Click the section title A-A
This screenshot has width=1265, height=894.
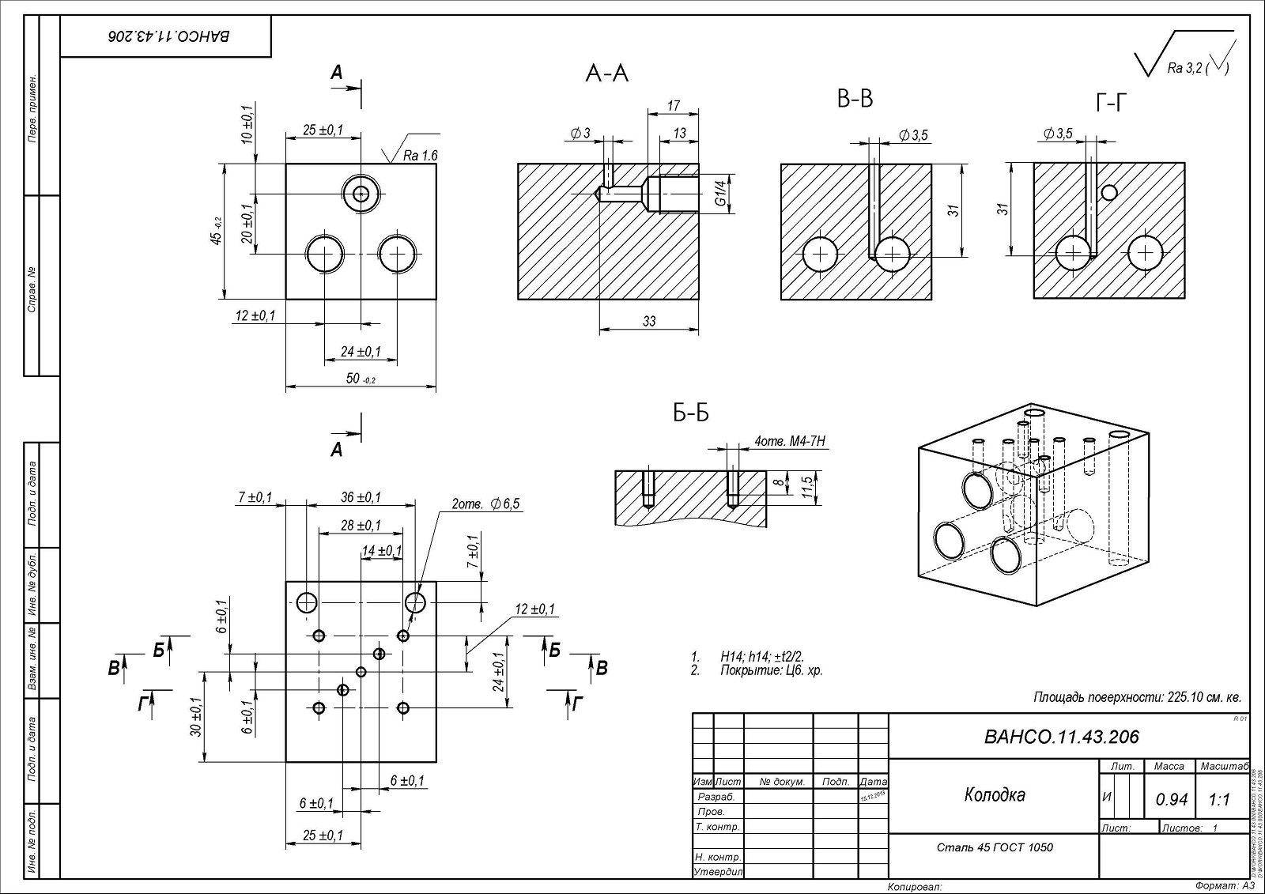point(606,74)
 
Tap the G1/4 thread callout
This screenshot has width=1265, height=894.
point(720,192)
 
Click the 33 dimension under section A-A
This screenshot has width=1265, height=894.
point(649,322)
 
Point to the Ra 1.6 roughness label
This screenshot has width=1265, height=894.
point(419,156)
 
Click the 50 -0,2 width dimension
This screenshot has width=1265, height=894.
point(361,379)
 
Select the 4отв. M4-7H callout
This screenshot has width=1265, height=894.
point(791,441)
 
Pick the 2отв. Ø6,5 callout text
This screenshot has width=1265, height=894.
point(485,504)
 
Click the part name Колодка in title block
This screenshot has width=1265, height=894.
point(995,794)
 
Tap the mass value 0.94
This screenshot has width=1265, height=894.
point(1171,800)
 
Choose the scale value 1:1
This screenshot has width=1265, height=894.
point(1219,800)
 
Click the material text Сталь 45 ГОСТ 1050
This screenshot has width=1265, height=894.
point(995,847)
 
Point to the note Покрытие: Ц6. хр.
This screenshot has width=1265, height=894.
point(771,670)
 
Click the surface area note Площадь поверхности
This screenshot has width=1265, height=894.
point(1137,697)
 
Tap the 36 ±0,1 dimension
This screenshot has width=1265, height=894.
point(361,497)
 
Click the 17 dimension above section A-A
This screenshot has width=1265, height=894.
point(673,105)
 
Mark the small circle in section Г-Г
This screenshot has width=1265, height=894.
point(1108,192)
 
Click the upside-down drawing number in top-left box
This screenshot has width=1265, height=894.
point(167,36)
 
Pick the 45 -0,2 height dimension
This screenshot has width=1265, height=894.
point(217,232)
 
